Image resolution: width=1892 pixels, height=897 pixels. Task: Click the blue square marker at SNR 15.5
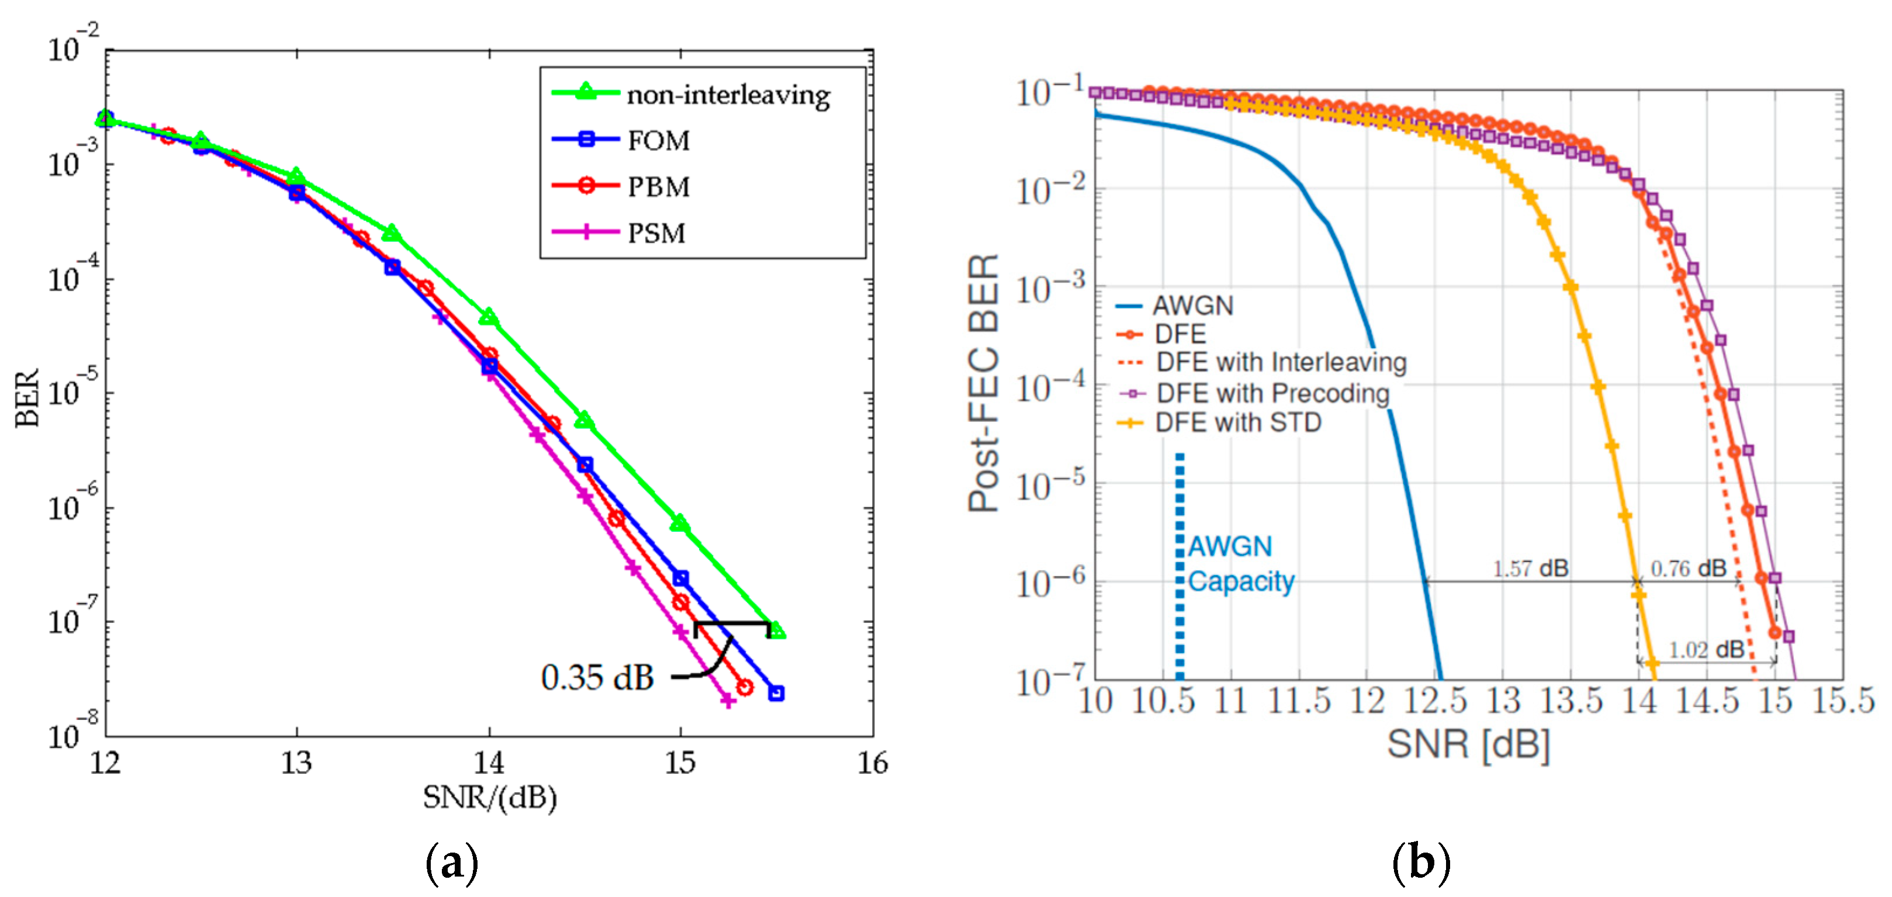click(776, 693)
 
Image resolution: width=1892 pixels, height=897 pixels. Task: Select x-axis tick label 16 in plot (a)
click(873, 763)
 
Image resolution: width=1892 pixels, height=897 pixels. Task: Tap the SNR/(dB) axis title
click(490, 797)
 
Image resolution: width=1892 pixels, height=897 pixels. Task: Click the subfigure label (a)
click(452, 863)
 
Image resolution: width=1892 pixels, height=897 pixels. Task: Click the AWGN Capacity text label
click(1240, 564)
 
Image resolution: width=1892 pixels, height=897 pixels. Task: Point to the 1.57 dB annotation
click(1530, 568)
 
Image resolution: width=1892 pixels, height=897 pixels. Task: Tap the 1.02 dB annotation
click(1706, 650)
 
